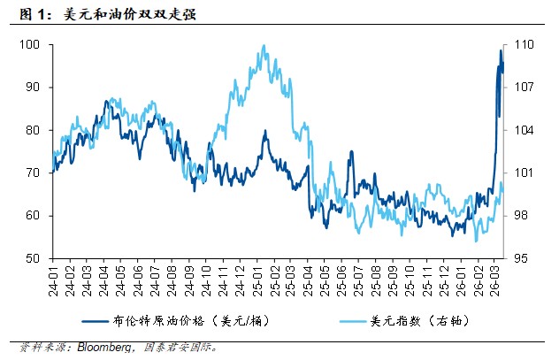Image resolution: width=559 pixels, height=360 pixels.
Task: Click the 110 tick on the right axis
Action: [x=523, y=44]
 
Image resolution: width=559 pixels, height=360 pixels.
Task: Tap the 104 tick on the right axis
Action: [x=523, y=130]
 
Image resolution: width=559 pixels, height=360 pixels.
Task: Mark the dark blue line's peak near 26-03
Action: [x=501, y=51]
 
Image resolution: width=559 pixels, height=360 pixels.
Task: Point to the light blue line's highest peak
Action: [x=264, y=46]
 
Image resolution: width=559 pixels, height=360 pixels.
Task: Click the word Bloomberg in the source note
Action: [x=103, y=348]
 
